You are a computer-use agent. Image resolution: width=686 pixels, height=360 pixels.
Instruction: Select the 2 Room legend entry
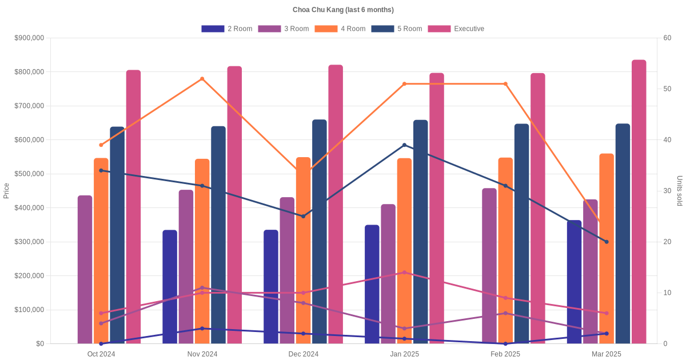[227, 29]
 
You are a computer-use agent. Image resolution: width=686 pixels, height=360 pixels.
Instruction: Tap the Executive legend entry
[456, 29]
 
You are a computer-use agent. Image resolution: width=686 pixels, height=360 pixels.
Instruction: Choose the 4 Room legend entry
[340, 29]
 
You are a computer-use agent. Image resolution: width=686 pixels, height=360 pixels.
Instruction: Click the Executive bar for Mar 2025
[639, 202]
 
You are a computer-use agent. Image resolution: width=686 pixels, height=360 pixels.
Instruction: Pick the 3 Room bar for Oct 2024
[85, 270]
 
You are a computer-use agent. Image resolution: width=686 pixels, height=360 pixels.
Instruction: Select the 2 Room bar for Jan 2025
[372, 285]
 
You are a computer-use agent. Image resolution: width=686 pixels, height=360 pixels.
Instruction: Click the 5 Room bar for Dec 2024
[320, 232]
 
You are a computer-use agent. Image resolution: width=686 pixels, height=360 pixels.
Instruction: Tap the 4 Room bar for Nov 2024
[202, 251]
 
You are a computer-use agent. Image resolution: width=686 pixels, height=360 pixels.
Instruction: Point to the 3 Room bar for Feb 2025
[489, 266]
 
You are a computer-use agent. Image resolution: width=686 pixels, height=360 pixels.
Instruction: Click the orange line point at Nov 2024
[202, 79]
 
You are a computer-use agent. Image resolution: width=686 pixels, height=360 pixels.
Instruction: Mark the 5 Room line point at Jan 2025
[404, 145]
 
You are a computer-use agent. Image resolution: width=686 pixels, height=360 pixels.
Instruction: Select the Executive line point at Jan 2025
[404, 273]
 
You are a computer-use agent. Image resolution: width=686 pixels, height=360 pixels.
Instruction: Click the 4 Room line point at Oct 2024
[101, 145]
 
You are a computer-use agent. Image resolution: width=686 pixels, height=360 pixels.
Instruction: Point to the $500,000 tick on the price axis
[29, 174]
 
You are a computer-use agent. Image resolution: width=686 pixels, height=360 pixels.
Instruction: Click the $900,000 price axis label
[29, 38]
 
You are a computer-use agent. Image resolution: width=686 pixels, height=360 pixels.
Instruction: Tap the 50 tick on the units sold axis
[667, 89]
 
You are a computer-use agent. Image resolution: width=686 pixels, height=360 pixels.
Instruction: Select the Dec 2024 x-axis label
[303, 354]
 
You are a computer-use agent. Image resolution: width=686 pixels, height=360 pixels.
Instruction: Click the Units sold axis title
[679, 191]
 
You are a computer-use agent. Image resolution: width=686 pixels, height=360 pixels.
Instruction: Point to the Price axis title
[6, 191]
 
